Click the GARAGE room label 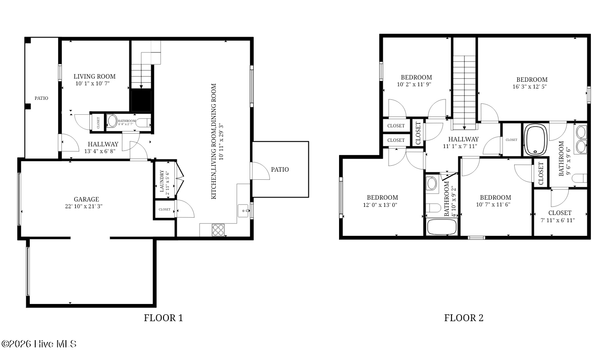coord(87,199)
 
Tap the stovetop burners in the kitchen coord(218,229)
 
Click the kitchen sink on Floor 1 coord(243,210)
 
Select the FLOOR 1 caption coord(163,318)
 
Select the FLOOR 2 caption coord(464,318)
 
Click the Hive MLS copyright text coord(39,344)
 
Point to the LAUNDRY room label coord(162,181)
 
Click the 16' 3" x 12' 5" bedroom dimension coord(530,87)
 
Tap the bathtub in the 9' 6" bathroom coord(535,140)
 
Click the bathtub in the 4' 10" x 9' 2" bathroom coord(442,227)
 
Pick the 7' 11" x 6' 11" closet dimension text coord(558,220)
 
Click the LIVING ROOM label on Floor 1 coord(95,76)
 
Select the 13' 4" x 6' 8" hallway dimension coord(100,151)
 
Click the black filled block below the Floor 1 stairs coord(141,100)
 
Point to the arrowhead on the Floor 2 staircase coord(465,127)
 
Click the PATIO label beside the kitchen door coord(280,169)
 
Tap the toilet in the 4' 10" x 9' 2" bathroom coord(433,208)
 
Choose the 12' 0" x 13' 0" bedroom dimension coord(380,205)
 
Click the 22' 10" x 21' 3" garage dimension coord(84,206)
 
